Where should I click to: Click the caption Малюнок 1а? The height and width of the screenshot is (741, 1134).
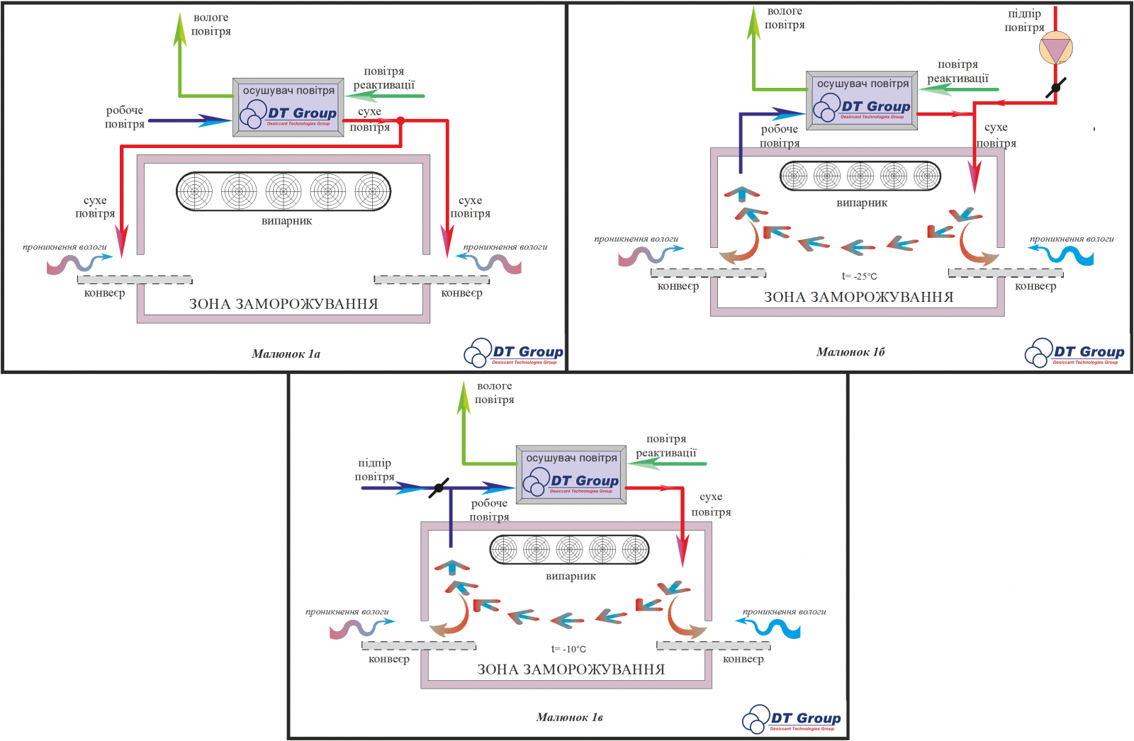pyautogui.click(x=286, y=353)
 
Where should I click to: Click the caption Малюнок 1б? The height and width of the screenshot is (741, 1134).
pyautogui.click(x=850, y=351)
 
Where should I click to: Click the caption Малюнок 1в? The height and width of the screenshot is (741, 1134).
pyautogui.click(x=569, y=717)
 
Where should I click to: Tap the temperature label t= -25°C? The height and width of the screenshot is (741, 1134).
pyautogui.click(x=860, y=276)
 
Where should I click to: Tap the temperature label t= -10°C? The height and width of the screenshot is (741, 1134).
pyautogui.click(x=568, y=649)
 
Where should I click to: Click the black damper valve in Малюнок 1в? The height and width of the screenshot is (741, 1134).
pyautogui.click(x=439, y=487)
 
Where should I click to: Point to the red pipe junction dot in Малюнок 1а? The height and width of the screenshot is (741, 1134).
pyautogui.click(x=400, y=121)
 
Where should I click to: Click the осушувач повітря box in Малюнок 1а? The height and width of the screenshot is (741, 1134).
pyautogui.click(x=288, y=107)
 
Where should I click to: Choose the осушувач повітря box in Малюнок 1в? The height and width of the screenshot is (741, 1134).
pyautogui.click(x=571, y=475)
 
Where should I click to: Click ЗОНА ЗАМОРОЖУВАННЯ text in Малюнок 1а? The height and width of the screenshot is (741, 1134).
pyautogui.click(x=283, y=304)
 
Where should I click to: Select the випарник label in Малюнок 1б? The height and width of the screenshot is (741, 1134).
pyautogui.click(x=862, y=203)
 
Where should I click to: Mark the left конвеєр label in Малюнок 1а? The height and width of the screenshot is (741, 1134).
pyautogui.click(x=104, y=293)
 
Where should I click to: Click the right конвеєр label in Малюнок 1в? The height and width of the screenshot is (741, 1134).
pyautogui.click(x=743, y=659)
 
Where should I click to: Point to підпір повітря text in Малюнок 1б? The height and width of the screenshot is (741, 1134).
pyautogui.click(x=1024, y=21)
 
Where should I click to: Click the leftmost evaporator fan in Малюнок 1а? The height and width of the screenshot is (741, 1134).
pyautogui.click(x=195, y=191)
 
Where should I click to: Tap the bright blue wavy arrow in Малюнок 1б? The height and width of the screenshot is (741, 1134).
pyautogui.click(x=1063, y=254)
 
